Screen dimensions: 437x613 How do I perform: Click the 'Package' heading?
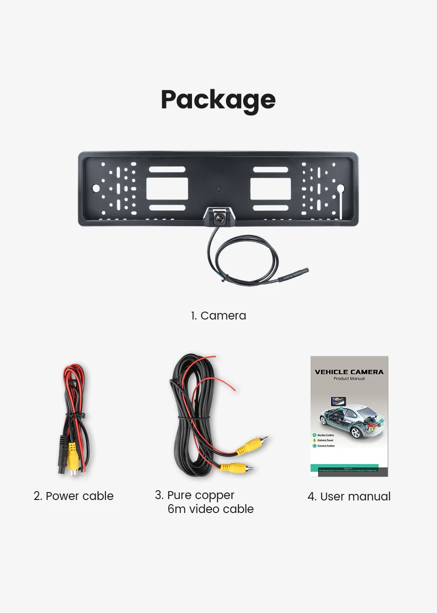click(x=218, y=100)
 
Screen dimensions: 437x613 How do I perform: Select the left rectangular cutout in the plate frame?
click(x=167, y=188)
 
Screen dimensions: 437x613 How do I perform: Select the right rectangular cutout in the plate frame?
click(x=271, y=188)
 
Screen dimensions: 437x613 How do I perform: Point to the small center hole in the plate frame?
click(x=218, y=189)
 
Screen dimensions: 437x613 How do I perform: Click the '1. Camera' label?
click(x=218, y=316)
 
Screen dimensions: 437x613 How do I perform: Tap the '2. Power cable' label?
click(x=73, y=496)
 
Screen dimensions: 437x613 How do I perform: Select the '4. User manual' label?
click(x=349, y=497)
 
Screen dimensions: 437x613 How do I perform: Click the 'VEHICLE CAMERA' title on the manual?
click(x=349, y=372)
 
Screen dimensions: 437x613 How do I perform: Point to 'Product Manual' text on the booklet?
click(x=349, y=379)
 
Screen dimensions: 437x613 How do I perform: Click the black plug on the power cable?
click(x=62, y=453)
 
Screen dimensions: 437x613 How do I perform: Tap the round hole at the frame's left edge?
click(x=96, y=188)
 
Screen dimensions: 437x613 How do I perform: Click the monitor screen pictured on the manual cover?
click(x=338, y=401)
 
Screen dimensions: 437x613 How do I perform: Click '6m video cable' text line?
click(x=211, y=509)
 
